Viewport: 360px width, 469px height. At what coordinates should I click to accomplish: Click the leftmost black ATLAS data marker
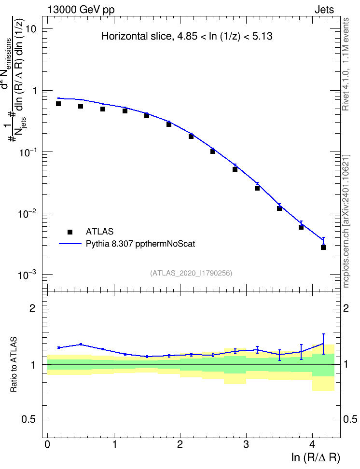[x=58, y=104]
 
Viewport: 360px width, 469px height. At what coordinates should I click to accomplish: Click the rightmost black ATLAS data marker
[x=323, y=248]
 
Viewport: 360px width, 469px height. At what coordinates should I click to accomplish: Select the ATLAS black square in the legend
[x=70, y=232]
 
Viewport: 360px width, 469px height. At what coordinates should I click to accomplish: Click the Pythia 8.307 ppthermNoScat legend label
[x=140, y=244]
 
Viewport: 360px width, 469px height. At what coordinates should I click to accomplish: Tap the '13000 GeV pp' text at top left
[x=81, y=10]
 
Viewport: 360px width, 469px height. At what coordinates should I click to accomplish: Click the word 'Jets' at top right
[x=324, y=10]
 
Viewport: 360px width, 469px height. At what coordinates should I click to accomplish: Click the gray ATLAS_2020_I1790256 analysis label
[x=191, y=273]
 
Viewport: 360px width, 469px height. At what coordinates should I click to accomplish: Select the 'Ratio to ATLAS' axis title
[x=14, y=364]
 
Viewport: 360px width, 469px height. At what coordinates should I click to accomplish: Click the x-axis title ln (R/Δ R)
[x=316, y=457]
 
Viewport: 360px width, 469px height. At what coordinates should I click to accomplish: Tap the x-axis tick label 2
[x=180, y=444]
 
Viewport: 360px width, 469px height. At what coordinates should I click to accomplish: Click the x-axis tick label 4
[x=312, y=444]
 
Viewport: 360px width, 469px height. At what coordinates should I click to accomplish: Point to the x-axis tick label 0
[x=47, y=444]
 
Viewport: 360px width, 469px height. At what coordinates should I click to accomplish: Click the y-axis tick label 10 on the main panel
[x=31, y=29]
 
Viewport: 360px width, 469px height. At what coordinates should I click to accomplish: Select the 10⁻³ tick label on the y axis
[x=28, y=274]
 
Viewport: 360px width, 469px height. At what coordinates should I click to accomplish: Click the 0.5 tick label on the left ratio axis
[x=29, y=420]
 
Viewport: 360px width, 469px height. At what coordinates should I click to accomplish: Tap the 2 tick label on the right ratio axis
[x=346, y=308]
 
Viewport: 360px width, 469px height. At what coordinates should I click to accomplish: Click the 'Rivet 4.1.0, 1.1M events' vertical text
[x=346, y=64]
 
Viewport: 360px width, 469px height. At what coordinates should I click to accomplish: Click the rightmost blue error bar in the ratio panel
[x=323, y=344]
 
